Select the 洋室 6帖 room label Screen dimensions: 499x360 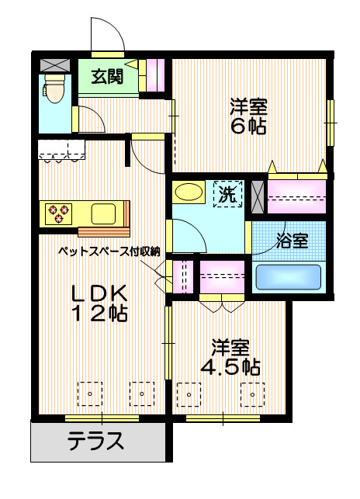pos(247,116)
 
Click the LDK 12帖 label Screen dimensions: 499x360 pos(99,303)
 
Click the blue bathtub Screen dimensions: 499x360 pos(289,277)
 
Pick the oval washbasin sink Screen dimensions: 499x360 pos(189,192)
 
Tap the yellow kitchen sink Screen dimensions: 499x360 pos(104,213)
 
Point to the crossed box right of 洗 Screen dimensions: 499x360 pos(257,194)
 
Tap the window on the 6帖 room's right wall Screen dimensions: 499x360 pos(329,122)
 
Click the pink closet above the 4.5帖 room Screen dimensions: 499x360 pos(223,276)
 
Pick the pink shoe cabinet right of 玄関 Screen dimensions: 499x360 pos(155,75)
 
